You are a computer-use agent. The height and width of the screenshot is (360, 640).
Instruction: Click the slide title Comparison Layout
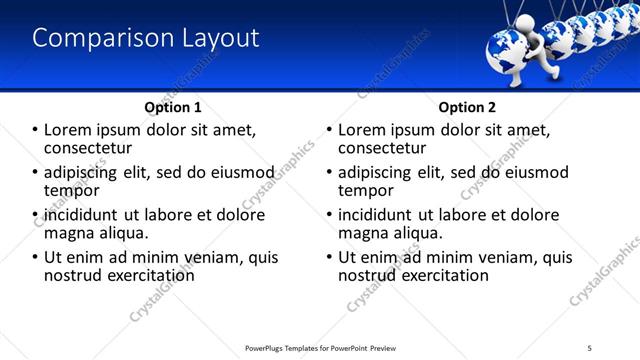pos(146,39)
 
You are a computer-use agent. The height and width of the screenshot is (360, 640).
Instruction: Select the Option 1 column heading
pos(173,106)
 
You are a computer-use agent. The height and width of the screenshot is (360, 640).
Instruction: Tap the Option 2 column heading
pos(467,106)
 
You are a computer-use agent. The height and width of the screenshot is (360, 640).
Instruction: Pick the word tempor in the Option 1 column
pos(71,190)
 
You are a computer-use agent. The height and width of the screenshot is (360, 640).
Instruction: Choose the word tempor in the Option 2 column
pos(365,190)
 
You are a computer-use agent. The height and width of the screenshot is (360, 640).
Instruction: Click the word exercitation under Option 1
pos(144,275)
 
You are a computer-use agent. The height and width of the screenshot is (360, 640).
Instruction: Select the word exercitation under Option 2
pos(438,275)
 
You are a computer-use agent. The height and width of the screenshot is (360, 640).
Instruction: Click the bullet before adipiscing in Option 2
pos(329,172)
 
